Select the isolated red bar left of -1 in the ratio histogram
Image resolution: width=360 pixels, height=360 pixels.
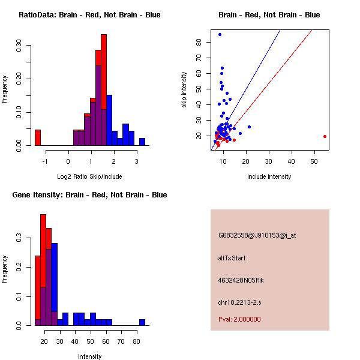tap(38, 137)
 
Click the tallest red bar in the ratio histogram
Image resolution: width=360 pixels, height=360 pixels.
tap(104, 72)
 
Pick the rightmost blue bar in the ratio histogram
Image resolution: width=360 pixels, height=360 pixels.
tap(142, 142)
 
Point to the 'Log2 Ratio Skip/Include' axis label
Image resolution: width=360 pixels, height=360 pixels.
tap(89, 176)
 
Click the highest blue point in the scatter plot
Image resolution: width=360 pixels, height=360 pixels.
tap(220, 34)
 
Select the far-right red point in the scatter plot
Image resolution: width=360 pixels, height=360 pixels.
tap(325, 136)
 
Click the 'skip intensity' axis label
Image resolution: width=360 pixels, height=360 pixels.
tap(185, 90)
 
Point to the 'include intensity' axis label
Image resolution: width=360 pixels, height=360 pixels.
tap(269, 176)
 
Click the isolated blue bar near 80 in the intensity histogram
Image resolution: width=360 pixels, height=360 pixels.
tap(142, 322)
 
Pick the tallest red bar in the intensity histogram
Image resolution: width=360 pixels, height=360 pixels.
tap(43, 270)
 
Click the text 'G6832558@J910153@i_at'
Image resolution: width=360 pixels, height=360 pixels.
tap(257, 235)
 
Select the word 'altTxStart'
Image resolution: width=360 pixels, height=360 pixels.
tap(232, 258)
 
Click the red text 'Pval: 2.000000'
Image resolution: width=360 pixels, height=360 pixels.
tap(239, 319)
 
